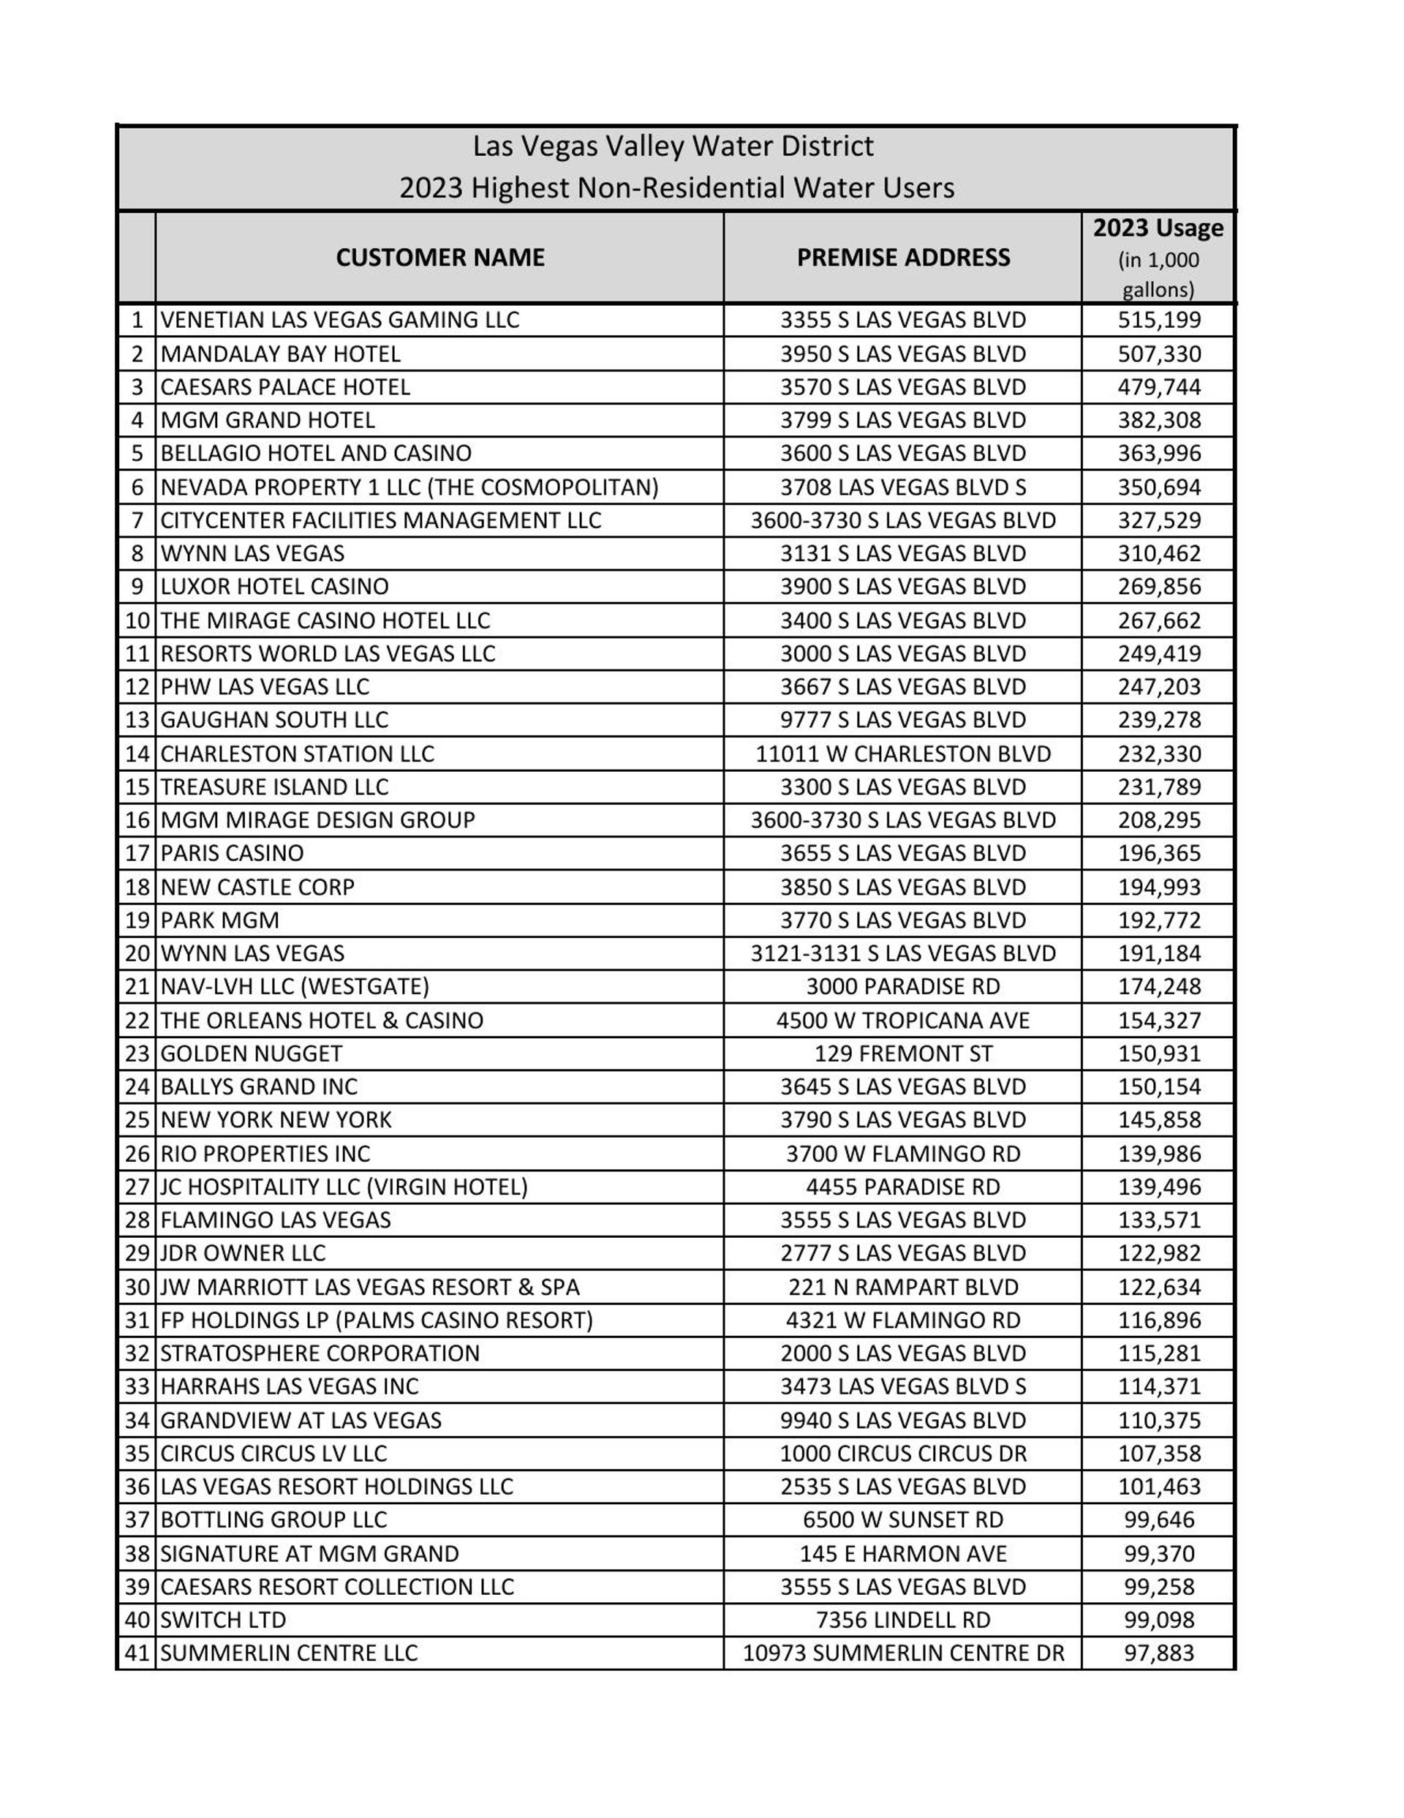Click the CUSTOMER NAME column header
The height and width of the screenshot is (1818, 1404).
[x=439, y=258]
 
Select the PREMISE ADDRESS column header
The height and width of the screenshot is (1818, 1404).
[x=903, y=258]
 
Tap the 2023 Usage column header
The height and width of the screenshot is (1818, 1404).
[x=1158, y=229]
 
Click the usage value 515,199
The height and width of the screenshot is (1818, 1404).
[x=1158, y=320]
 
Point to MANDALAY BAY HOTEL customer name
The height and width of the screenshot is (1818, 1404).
[x=281, y=354]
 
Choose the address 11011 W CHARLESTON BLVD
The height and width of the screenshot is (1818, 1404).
[x=903, y=754]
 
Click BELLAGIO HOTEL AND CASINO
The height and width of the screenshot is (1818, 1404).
[x=315, y=454]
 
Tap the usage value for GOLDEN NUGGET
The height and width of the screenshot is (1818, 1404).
[x=1158, y=1053]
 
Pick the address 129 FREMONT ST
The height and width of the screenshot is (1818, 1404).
[x=903, y=1053]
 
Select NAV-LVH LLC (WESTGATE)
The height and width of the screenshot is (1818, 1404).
[x=295, y=986]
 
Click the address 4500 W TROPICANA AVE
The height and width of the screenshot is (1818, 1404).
[x=903, y=1020]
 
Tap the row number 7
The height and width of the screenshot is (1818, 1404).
[x=137, y=520]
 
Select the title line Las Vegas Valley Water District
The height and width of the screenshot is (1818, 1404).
[x=673, y=146]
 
